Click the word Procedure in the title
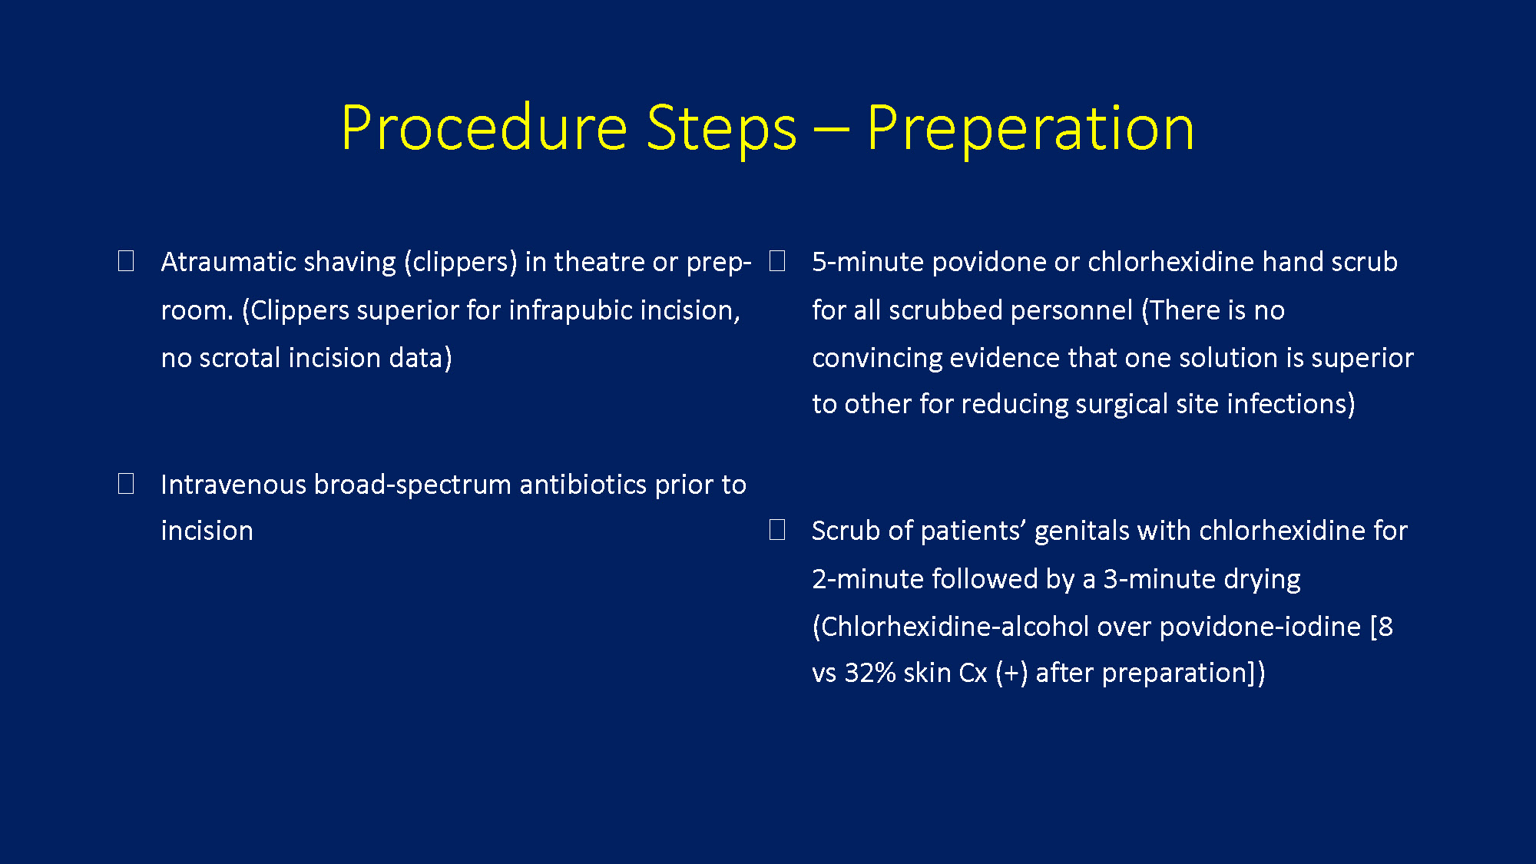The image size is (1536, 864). pos(485,127)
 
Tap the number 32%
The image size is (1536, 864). pos(870,673)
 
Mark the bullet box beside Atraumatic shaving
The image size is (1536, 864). pos(126,261)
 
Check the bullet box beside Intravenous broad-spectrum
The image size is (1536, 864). pos(126,484)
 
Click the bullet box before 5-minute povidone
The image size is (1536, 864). pos(777,261)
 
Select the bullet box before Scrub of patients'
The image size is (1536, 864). pos(777,530)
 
